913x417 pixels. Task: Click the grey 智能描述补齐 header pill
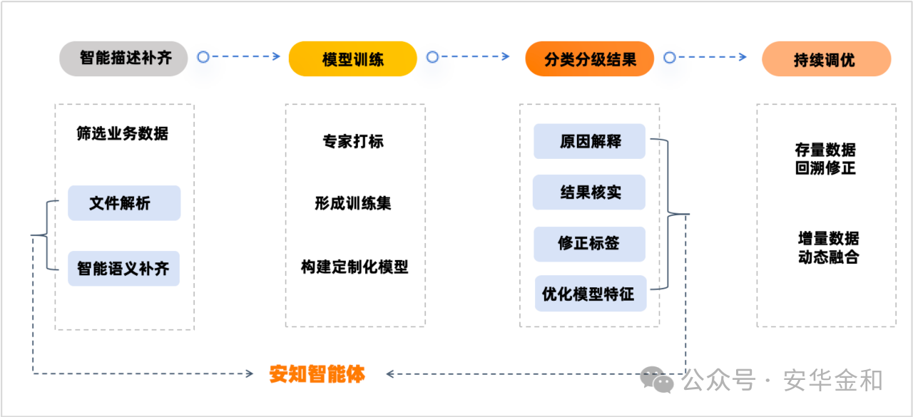pos(123,58)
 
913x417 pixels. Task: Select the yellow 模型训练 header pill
pos(352,58)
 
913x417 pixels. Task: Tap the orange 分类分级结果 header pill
pos(589,58)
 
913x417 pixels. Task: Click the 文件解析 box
pos(124,203)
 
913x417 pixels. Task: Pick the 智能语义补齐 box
pos(123,269)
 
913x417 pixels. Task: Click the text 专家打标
pos(353,141)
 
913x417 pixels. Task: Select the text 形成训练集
pos(353,203)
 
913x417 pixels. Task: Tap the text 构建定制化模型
pos(355,267)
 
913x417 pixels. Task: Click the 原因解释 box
pos(589,141)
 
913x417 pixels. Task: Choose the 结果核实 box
pos(589,192)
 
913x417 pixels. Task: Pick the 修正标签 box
pos(589,244)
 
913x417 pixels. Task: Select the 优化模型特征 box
pos(590,294)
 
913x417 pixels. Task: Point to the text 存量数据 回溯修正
pos(825,158)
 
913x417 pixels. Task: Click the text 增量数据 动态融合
pos(828,247)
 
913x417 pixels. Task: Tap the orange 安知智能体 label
pos(317,374)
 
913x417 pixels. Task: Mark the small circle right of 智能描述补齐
pos(203,57)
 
